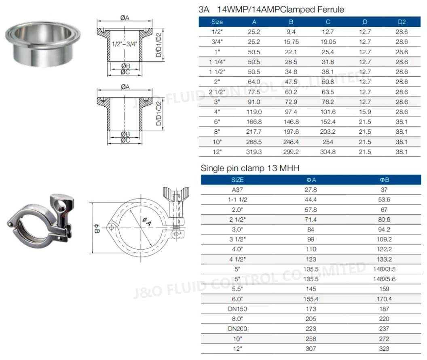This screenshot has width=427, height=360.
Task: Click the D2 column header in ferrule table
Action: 401,22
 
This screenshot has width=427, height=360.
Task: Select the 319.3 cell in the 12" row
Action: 254,152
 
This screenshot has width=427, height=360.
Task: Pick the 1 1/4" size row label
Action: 217,62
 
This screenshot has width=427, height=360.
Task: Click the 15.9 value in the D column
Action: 365,112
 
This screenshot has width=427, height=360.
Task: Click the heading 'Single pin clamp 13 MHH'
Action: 250,168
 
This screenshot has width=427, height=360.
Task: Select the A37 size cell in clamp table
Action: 237,189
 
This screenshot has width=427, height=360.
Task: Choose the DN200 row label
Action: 237,329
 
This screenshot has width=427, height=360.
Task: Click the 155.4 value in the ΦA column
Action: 311,299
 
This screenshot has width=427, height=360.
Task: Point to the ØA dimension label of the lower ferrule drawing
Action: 125,87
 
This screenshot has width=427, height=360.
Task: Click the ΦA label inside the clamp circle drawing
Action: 146,221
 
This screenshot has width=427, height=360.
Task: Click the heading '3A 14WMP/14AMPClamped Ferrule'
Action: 271,9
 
